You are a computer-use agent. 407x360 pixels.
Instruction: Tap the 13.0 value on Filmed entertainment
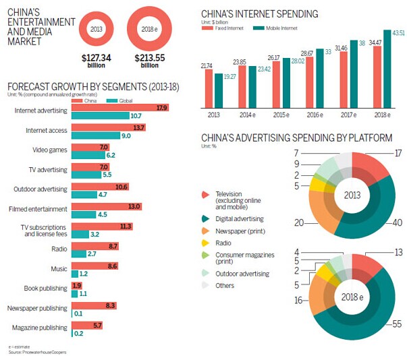click(x=134, y=206)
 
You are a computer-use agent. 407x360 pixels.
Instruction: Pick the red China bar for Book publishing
click(x=75, y=285)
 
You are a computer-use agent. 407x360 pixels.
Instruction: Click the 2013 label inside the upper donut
click(x=352, y=196)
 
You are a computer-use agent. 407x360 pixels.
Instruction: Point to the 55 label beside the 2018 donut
click(x=397, y=324)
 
